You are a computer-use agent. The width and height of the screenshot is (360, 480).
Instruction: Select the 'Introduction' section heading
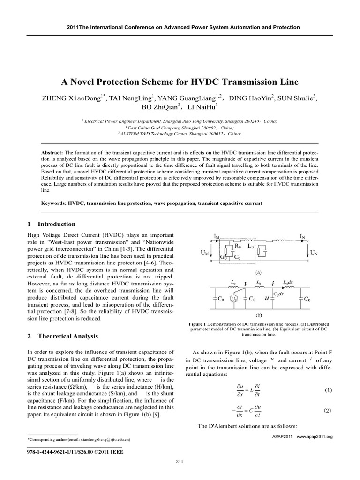[57, 224]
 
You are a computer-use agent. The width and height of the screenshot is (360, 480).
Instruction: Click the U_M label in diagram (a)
[204, 253]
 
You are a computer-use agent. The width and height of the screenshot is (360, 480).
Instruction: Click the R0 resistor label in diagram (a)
[238, 245]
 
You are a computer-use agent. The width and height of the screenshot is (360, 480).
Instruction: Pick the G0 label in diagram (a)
[225, 257]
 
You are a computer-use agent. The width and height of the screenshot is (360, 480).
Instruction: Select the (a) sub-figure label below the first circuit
[258, 271]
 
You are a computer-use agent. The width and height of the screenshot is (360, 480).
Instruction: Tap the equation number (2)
[328, 411]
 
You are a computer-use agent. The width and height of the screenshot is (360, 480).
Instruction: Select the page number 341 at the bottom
[179, 462]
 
